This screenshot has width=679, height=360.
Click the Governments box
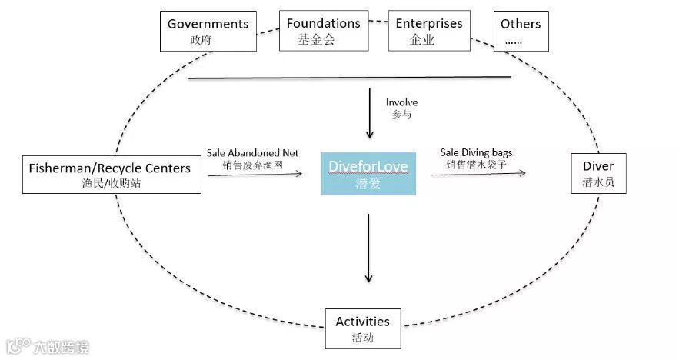pos(208,31)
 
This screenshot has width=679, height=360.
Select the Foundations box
pos(323,31)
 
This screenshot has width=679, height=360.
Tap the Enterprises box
pos(428,31)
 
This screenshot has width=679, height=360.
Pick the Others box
pos(521,31)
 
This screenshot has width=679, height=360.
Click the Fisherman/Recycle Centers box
pos(112,174)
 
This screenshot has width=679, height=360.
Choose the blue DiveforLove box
pos(368,174)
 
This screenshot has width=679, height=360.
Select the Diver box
pos(597,174)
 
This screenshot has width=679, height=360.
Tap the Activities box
pos(363,328)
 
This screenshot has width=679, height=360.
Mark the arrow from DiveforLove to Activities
pos(369,246)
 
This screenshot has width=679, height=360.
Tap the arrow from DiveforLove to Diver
pos(478,174)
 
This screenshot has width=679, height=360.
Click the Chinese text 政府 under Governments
pos(201,40)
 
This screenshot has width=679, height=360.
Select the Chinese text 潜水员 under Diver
pos(597,183)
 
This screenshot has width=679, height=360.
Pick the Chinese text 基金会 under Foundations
pos(317,40)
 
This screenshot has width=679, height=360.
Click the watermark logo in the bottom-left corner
pos(46,347)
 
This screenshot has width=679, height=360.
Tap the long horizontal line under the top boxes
pos(350,77)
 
